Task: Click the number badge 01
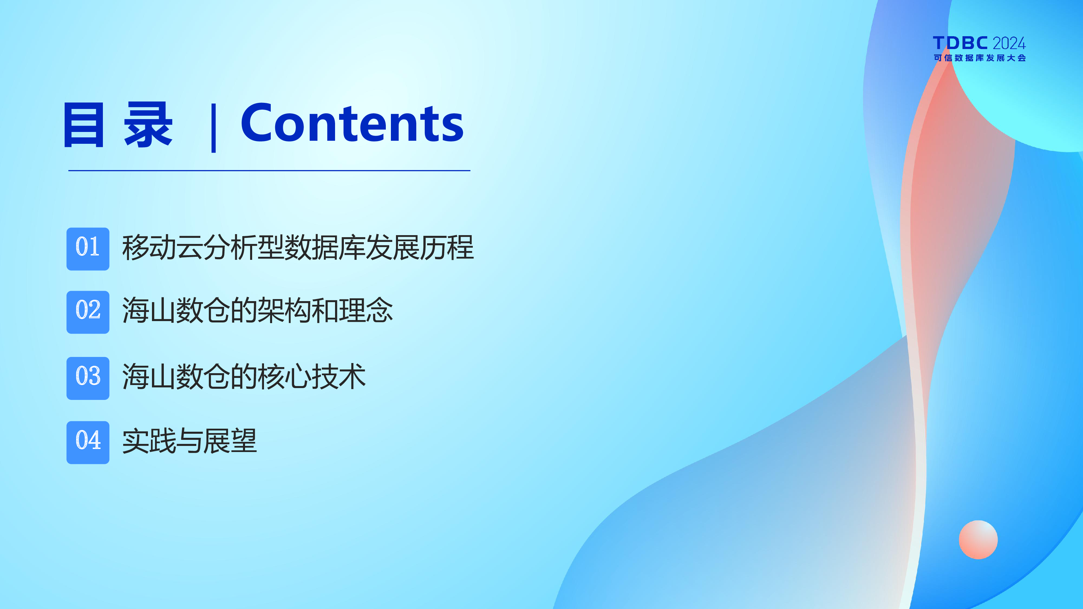point(88,249)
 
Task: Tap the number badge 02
point(88,312)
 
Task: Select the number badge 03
point(88,378)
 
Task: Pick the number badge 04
point(88,443)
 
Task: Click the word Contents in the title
point(352,123)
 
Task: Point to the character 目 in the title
point(83,125)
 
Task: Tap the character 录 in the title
point(148,125)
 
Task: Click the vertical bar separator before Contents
point(214,128)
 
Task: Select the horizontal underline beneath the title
point(269,171)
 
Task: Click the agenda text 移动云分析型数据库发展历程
point(298,248)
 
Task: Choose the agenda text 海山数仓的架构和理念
point(257,310)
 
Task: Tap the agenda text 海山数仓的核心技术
point(244,376)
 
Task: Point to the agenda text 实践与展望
point(189,441)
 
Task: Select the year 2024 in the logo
point(1009,43)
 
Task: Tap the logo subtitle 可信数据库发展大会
point(979,58)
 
